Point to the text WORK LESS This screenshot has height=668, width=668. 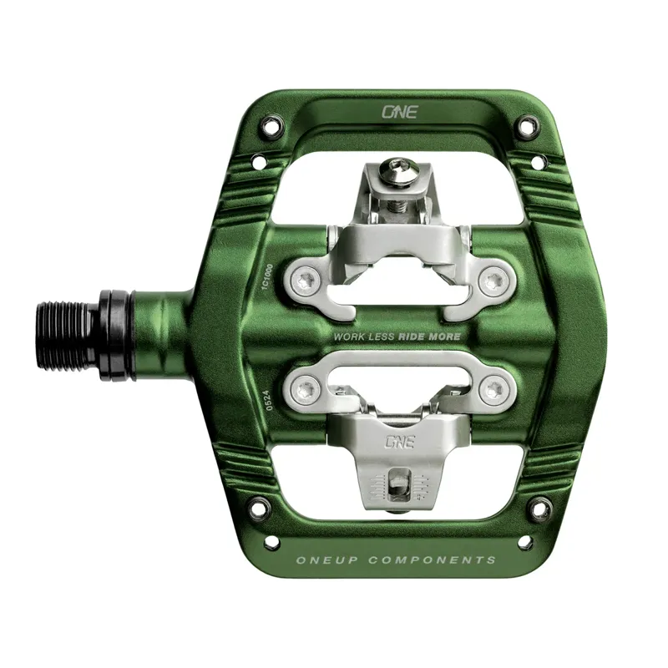[363, 336]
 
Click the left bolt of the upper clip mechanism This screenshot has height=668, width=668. [309, 282]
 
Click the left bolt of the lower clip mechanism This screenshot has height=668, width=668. [308, 387]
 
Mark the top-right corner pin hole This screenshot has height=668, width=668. [526, 128]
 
